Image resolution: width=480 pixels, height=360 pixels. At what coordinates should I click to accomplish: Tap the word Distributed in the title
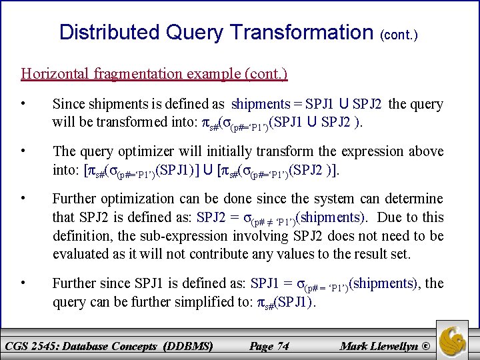click(x=109, y=31)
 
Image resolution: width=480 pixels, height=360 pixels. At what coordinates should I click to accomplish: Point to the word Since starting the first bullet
click(x=68, y=104)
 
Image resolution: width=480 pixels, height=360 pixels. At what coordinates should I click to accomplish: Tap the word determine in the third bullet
click(x=417, y=199)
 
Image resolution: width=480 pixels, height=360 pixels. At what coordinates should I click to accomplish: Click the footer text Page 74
click(x=269, y=346)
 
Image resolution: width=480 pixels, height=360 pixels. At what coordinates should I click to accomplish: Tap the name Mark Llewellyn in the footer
click(x=377, y=346)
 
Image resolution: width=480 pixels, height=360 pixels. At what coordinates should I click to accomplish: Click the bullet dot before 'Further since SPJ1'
click(x=23, y=283)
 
